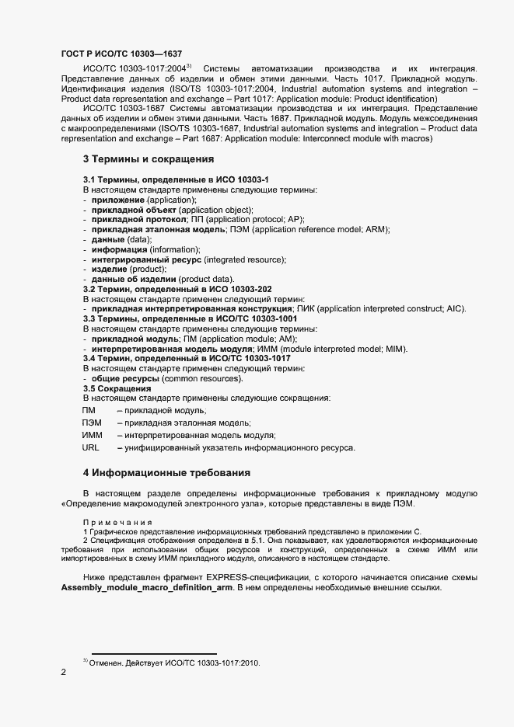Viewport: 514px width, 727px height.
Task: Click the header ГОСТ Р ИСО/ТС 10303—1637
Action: [x=121, y=54]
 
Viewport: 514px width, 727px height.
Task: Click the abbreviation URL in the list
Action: [x=91, y=448]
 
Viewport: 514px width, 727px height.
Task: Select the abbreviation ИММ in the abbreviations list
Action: [x=93, y=436]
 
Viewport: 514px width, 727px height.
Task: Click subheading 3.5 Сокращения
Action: [x=117, y=388]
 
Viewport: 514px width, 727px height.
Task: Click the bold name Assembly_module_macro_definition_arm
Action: [x=144, y=588]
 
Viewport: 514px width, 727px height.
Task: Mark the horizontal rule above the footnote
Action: [x=154, y=653]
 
